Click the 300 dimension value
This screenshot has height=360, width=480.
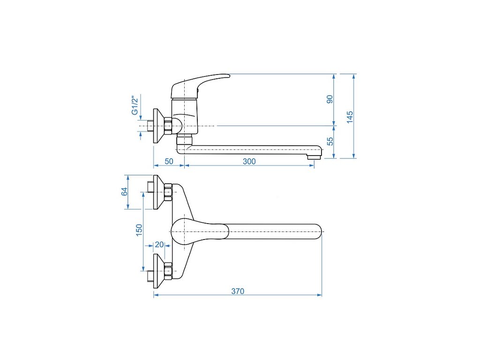(x=249, y=161)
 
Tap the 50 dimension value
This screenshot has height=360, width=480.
(x=169, y=161)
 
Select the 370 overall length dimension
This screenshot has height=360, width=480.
(x=238, y=291)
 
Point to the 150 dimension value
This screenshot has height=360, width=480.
(x=139, y=230)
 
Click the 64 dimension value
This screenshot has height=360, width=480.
(x=125, y=192)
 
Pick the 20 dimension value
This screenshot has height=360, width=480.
(x=159, y=245)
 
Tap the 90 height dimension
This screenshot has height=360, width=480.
(x=330, y=99)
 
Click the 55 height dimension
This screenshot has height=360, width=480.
(x=330, y=141)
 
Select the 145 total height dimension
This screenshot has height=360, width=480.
(x=350, y=117)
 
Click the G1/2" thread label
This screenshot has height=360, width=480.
(x=135, y=105)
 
